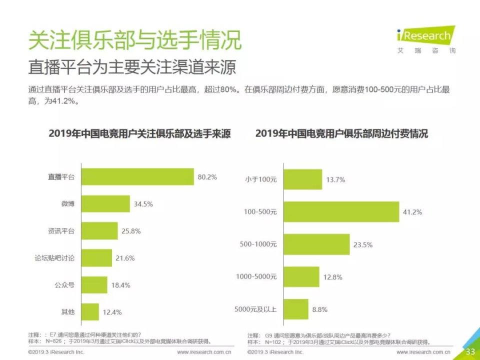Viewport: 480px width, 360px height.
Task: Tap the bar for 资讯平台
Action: coord(99,231)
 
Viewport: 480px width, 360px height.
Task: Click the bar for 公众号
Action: coord(94,285)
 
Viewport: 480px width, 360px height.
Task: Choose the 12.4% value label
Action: coord(113,312)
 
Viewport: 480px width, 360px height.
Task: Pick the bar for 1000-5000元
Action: coord(301,276)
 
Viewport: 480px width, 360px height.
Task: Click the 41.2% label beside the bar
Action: coord(412,212)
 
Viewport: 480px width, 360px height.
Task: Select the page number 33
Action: coord(470,351)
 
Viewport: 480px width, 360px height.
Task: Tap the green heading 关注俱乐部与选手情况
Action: coord(134,40)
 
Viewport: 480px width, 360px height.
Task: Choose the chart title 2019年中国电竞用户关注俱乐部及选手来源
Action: coord(139,134)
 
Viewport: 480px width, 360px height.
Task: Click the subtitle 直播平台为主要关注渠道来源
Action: coord(131,67)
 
